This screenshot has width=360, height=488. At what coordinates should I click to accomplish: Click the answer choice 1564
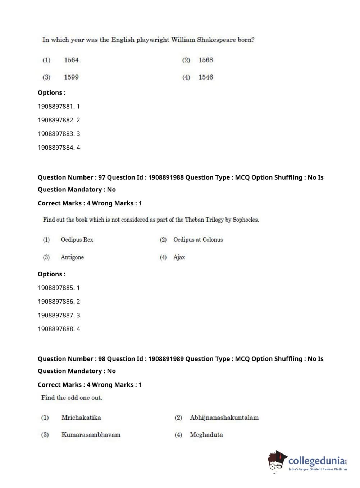pos(71,60)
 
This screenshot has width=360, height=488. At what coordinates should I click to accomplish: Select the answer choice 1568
pos(206,60)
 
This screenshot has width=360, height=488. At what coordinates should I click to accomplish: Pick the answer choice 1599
pos(71,77)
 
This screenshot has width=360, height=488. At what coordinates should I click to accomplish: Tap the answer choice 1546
pos(206,77)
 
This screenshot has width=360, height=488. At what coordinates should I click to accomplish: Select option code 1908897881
pos(56,107)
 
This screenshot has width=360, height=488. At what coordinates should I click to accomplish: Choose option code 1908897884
pos(56,148)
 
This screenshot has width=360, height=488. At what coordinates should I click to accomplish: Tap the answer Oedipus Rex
pos(77,240)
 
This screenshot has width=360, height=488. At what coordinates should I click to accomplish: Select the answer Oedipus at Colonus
pos(198,240)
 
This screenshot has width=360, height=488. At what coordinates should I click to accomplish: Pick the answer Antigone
pos(72,257)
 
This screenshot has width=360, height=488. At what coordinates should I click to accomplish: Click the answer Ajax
pos(179,257)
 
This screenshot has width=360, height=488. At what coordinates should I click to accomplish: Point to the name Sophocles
pos(246,220)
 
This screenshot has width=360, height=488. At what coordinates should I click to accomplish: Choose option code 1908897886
pos(56,302)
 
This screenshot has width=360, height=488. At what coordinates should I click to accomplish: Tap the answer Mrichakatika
pos(81,417)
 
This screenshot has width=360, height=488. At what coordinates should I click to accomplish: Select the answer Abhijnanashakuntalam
pos(224,417)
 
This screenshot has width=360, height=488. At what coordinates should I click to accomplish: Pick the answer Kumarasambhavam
pos(91,435)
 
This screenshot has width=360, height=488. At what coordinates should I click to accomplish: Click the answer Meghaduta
pos(206,435)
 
